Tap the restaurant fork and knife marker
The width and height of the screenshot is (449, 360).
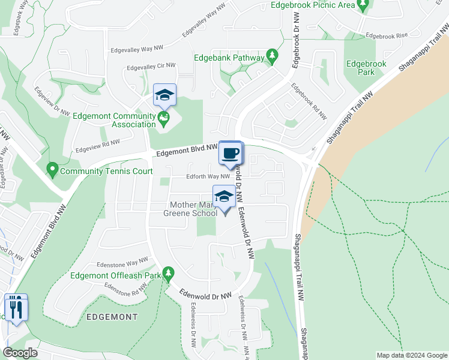16,308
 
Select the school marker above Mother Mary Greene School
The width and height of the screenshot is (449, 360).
224,197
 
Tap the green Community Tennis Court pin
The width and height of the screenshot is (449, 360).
52,171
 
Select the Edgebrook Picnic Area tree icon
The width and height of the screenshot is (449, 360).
362,5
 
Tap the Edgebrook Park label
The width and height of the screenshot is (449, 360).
361,68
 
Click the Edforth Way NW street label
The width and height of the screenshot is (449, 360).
199,176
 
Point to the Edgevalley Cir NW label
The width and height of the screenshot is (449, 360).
149,66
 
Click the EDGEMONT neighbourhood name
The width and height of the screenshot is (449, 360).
112,316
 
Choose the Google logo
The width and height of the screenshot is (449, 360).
20,352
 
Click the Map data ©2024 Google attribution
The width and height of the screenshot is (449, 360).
412,355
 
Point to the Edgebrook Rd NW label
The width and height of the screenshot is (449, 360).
309,101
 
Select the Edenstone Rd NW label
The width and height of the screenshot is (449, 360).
125,291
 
